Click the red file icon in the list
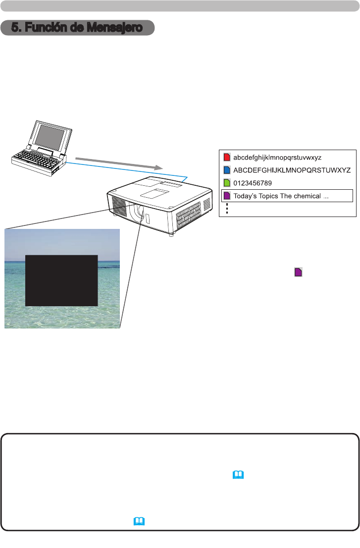(227, 158)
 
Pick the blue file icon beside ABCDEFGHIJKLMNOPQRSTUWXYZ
(227, 170)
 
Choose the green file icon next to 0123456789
(227, 183)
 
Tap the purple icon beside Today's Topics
(227, 196)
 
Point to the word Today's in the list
(246, 196)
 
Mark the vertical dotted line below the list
(226, 209)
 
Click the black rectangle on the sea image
(61, 280)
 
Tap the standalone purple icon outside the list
(299, 272)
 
